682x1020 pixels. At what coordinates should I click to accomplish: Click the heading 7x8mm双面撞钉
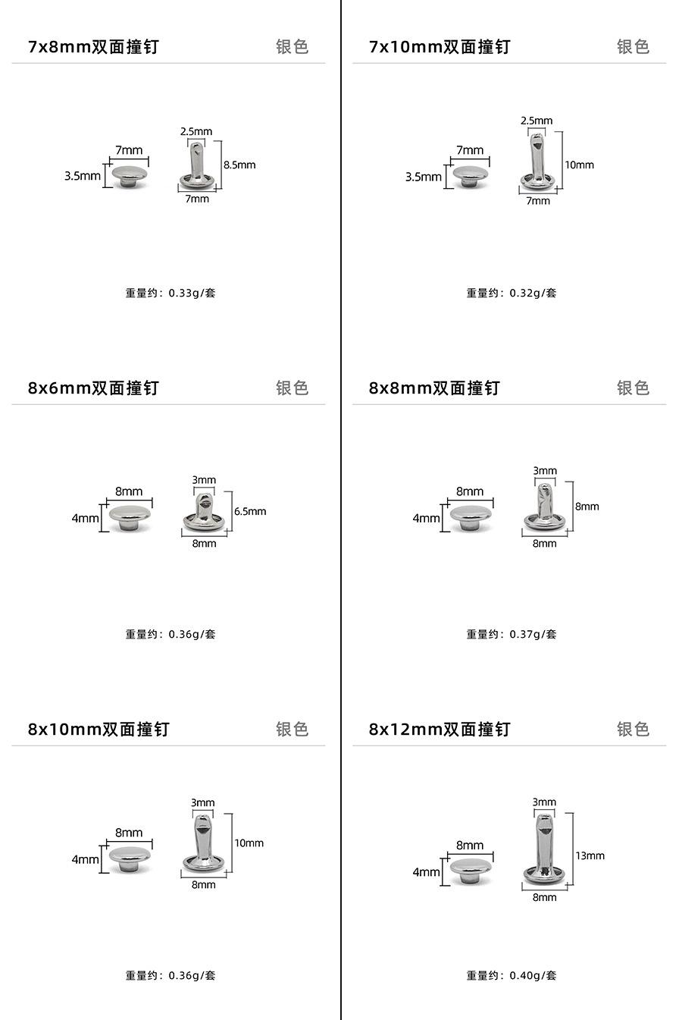point(93,47)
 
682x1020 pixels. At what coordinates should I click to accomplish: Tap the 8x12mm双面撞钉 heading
point(440,730)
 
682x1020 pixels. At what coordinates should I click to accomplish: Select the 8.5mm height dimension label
point(239,165)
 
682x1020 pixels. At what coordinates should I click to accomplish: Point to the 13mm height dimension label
point(590,855)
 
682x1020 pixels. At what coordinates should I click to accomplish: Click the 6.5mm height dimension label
point(250,511)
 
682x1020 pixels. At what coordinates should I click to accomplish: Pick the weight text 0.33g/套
point(170,293)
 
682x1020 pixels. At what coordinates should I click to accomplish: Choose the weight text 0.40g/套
point(511,975)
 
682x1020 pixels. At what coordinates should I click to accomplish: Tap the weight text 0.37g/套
point(511,634)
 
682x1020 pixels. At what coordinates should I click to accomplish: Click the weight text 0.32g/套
point(511,293)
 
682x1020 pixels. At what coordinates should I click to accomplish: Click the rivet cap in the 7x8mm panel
point(130,177)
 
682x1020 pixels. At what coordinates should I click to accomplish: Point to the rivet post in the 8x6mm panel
point(204,512)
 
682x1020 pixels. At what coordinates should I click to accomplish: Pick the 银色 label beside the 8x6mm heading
point(292,388)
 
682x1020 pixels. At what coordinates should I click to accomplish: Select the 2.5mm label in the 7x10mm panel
point(537,121)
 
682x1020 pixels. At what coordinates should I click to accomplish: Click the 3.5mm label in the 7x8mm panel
point(83,176)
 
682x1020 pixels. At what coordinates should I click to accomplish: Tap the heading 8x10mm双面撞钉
point(99,730)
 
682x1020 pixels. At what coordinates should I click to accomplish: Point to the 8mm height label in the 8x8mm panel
point(587,506)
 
